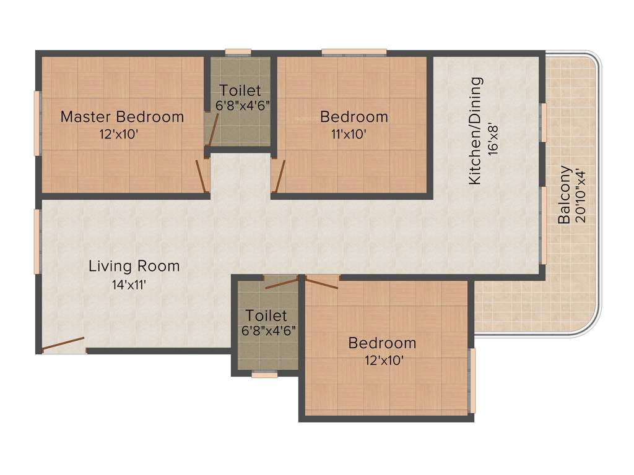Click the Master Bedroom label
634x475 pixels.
[122, 116]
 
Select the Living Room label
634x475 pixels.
[134, 267]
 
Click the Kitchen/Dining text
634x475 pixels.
[475, 131]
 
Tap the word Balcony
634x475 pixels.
[564, 194]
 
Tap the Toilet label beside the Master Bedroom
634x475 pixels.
[240, 91]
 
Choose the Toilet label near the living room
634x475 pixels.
[266, 315]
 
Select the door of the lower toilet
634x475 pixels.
[281, 284]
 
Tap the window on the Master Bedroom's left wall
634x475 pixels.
[37, 122]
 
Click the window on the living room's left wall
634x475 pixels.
[37, 241]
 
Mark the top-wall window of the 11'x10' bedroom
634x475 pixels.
[354, 52]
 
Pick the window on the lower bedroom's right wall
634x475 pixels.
[472, 380]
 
